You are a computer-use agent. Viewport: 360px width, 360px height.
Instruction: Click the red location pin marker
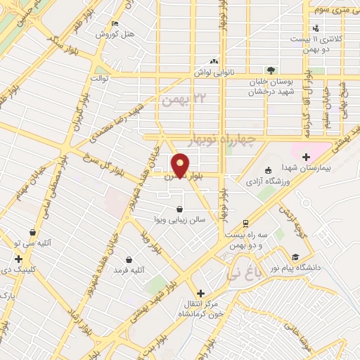(x=181, y=165)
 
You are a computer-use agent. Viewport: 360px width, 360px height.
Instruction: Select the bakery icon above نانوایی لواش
(x=214, y=61)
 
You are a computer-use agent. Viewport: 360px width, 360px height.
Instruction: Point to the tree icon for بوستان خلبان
(x=271, y=70)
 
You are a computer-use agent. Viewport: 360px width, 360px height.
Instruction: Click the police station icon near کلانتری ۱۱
(x=316, y=28)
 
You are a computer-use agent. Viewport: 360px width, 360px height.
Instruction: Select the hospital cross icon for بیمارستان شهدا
(x=306, y=156)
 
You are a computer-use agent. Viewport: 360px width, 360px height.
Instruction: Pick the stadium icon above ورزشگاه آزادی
(x=267, y=170)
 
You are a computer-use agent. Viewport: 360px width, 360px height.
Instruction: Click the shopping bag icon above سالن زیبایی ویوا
(x=180, y=209)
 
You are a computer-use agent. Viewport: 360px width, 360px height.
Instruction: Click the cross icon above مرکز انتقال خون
(x=200, y=293)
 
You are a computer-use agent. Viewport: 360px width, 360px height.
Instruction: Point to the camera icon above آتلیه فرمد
(x=128, y=259)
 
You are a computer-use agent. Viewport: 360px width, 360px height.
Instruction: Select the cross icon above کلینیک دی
(x=18, y=259)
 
